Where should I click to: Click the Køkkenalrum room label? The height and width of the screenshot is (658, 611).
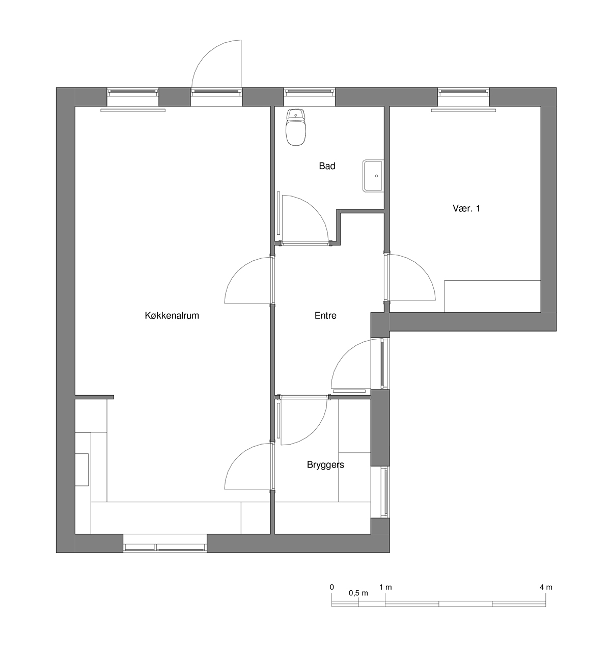point(172,316)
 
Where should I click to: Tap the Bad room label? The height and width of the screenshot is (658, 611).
point(327,166)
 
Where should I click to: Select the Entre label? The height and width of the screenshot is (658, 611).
point(325,316)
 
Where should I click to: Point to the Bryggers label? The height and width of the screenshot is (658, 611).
point(325,465)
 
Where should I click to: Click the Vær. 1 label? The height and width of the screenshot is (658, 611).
point(466,208)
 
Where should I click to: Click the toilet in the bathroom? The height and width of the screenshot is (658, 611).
point(295,127)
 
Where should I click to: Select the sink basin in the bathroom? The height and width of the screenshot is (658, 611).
point(373,176)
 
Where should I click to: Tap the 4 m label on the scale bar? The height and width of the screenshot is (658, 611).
point(546,587)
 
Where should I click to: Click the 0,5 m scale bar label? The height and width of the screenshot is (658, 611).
point(358,593)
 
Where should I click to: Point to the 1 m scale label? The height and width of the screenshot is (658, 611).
point(385,587)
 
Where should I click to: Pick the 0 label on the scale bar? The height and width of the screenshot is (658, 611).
point(331,587)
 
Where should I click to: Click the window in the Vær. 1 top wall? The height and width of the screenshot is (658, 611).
point(463,93)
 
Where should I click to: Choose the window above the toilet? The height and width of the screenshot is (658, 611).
point(310,93)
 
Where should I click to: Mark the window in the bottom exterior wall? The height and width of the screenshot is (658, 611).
point(165,548)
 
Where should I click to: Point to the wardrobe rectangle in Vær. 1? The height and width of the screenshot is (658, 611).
point(493,296)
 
